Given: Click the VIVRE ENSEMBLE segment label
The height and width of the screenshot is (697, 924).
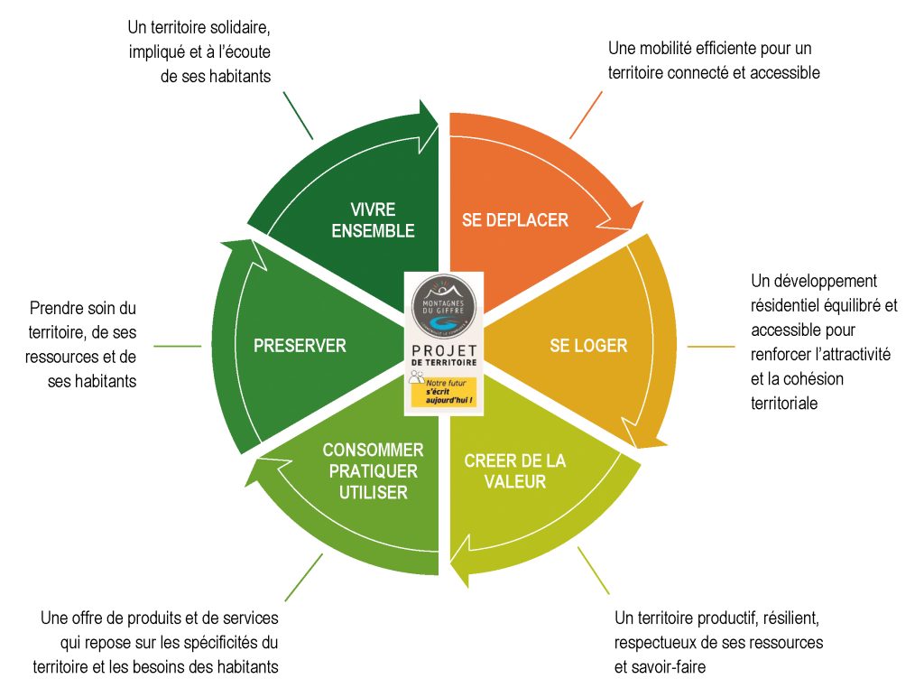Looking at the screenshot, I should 373,220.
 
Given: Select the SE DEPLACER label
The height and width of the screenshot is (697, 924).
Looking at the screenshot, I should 514,220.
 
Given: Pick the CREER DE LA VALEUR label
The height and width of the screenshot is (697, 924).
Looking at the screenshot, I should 514,470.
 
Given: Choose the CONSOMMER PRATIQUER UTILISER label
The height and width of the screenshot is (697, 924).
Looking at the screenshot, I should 373,470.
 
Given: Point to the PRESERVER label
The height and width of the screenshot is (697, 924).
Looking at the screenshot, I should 300,346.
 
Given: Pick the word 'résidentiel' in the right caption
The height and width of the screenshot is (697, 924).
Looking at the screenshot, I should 789,305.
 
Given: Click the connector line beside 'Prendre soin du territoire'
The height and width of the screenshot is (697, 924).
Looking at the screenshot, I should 178,346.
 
